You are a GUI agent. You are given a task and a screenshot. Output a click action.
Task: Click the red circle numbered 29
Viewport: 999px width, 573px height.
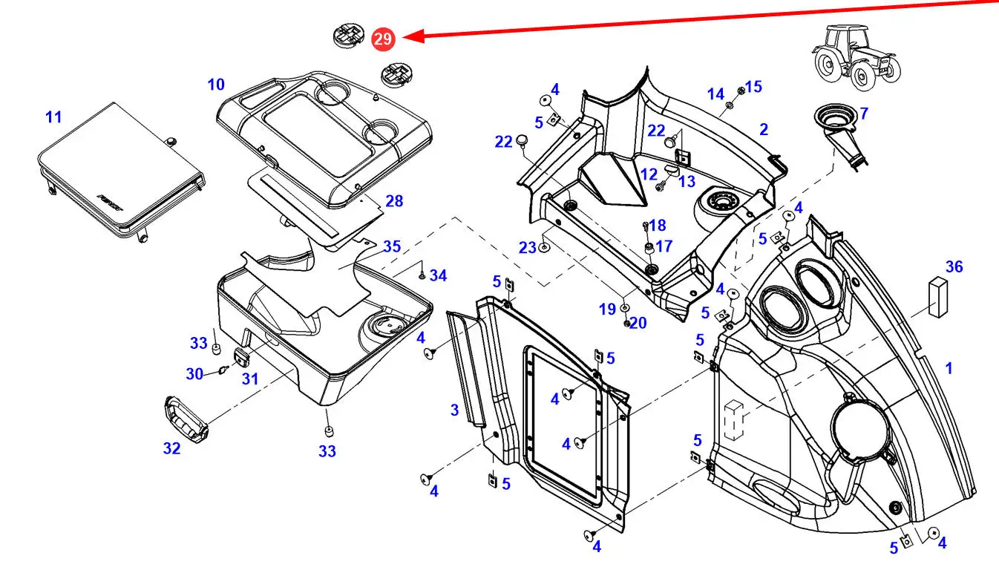pyautogui.click(x=383, y=39)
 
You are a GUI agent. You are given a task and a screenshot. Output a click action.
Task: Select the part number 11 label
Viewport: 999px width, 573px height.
pyautogui.click(x=53, y=117)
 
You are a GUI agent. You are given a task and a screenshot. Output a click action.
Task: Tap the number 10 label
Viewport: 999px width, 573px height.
pyautogui.click(x=216, y=85)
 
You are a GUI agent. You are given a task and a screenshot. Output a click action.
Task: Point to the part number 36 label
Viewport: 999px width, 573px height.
pyautogui.click(x=954, y=266)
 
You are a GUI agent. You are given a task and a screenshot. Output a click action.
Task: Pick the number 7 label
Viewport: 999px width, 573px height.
pyautogui.click(x=863, y=114)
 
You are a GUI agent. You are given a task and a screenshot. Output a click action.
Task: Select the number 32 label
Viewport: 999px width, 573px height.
pyautogui.click(x=171, y=448)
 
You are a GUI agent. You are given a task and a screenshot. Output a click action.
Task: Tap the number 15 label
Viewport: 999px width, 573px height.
pyautogui.click(x=753, y=87)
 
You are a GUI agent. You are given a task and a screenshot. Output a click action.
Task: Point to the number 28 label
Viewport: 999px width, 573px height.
pyautogui.click(x=394, y=201)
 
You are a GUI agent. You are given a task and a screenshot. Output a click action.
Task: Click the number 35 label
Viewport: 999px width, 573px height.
pyautogui.click(x=391, y=246)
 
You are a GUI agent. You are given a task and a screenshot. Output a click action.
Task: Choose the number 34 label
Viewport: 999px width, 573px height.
pyautogui.click(x=439, y=276)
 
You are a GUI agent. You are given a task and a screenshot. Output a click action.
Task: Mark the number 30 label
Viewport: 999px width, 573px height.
pyautogui.click(x=194, y=374)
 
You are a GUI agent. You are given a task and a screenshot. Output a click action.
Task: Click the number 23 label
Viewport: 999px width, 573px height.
pyautogui.click(x=527, y=248)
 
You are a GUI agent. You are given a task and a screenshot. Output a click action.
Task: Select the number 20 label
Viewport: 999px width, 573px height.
pyautogui.click(x=638, y=324)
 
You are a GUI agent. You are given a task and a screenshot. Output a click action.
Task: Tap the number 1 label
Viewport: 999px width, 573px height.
pyautogui.click(x=948, y=368)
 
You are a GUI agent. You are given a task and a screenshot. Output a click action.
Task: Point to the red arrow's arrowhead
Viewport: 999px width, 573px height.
pyautogui.click(x=413, y=36)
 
